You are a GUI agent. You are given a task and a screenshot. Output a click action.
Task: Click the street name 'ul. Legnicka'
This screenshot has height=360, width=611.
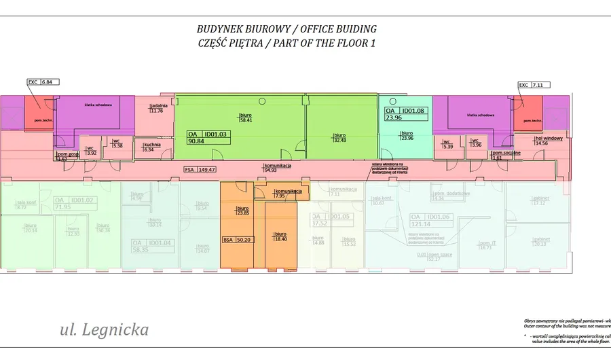105,331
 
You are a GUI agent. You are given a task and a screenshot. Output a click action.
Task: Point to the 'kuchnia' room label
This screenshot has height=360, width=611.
152,147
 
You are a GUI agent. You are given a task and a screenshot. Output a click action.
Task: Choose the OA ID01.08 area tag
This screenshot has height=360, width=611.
405,113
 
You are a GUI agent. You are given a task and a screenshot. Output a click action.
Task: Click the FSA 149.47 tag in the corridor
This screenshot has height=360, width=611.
200,170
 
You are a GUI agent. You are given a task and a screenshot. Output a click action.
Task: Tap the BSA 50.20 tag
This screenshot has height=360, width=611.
237,240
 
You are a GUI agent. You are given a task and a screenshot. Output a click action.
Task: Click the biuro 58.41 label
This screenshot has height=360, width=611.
245,117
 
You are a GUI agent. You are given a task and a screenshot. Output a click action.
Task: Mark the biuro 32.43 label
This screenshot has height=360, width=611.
339,137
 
